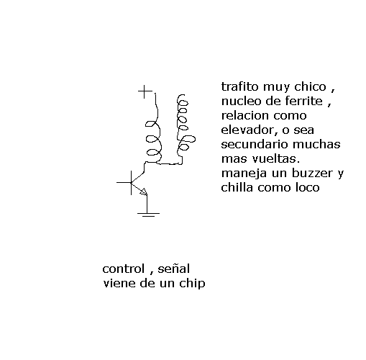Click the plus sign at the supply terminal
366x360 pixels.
[x=145, y=91]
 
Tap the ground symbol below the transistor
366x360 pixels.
[x=148, y=215]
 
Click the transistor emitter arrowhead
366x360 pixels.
[x=144, y=192]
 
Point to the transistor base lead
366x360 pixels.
[x=124, y=183]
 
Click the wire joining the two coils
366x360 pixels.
[x=169, y=164]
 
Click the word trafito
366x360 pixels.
[x=240, y=86]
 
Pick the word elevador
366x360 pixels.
[x=250, y=130]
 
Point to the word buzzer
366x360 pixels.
[x=314, y=174]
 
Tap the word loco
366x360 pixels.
[x=307, y=187]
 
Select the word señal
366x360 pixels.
[x=174, y=269]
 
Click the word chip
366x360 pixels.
[x=192, y=284]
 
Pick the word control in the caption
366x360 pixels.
[x=124, y=269]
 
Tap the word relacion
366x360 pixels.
[x=245, y=115]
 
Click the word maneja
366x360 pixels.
[x=244, y=174]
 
